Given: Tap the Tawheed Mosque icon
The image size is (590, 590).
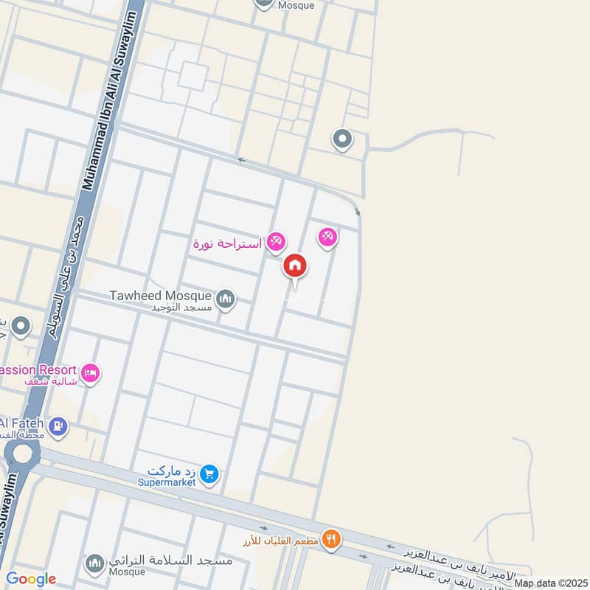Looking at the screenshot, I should (226, 299).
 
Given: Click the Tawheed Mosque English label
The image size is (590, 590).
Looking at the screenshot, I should (160, 296).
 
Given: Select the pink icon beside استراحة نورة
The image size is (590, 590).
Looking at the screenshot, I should (276, 240).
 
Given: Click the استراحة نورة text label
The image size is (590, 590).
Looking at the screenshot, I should (228, 243).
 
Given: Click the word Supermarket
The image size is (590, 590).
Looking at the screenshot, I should (167, 482).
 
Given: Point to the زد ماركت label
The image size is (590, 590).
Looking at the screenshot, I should (173, 471).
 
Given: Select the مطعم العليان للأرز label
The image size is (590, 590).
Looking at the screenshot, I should (280, 541).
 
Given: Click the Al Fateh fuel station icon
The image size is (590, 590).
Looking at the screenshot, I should (58, 425).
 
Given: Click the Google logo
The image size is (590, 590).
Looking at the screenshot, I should (31, 579).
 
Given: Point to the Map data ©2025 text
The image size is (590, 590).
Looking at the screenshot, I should (549, 583).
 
